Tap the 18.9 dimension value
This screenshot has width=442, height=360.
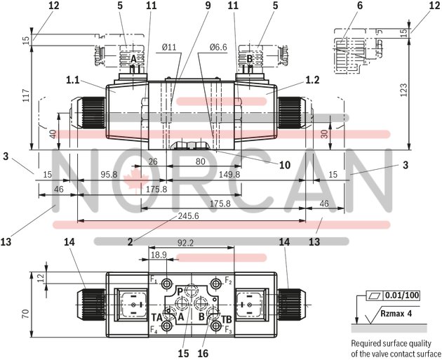coord(159,255)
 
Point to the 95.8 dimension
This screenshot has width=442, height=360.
coord(109,175)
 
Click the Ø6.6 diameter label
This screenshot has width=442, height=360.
coord(218,48)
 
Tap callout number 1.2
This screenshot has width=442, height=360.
coord(312,81)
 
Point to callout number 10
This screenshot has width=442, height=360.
coord(286,166)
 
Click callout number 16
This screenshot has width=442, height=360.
coord(203,354)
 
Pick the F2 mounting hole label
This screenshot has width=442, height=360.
coord(228,280)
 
